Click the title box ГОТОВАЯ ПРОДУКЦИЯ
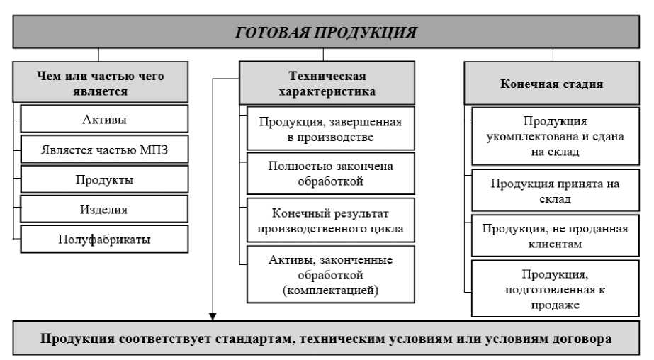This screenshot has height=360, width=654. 327,32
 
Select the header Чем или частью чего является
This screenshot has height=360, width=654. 101,84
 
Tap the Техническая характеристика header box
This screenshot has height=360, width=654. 327,84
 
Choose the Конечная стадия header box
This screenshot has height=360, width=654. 552,84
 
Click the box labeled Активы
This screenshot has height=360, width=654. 105,119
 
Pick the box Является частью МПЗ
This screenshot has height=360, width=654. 105,149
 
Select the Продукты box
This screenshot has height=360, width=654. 105,179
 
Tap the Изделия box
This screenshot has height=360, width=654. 105,209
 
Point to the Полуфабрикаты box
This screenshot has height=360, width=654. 105,240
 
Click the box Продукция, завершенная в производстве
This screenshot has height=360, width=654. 330,129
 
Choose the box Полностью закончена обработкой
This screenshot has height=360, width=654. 330,174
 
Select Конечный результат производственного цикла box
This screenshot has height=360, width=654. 330,220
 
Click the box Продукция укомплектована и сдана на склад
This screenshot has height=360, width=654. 556,137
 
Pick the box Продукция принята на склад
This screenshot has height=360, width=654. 556,191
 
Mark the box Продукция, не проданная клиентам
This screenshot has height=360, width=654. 556,236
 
